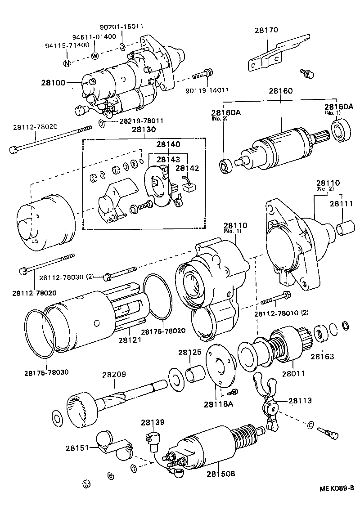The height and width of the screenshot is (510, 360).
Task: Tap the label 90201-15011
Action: point(122,26)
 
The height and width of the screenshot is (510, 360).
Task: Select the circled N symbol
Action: point(67,63)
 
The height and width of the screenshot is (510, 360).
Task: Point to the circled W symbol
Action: point(95,56)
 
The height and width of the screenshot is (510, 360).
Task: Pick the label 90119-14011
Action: point(207,90)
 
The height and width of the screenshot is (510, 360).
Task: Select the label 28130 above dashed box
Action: point(144,130)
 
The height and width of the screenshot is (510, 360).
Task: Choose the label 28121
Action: point(130,340)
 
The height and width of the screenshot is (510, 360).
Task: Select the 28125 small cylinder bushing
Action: point(196,373)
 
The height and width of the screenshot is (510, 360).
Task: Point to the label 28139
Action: point(153,422)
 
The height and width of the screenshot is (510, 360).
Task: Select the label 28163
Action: point(322,357)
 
